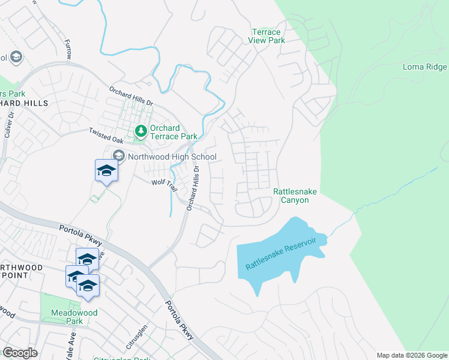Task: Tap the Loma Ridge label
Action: [x=425, y=67]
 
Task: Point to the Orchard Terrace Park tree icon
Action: [x=141, y=130]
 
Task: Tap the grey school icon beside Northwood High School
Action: [x=118, y=156]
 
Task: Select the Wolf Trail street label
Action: [x=164, y=184]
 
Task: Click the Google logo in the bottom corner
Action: [x=20, y=353]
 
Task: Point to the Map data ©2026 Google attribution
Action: [x=412, y=355]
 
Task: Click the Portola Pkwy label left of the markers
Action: [x=80, y=234]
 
